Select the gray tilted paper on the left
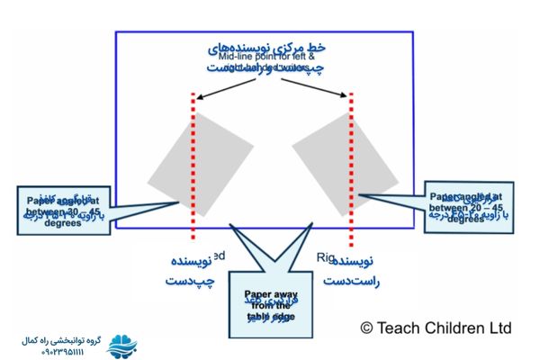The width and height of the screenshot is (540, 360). point(201,163)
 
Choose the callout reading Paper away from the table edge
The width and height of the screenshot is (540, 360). point(270,302)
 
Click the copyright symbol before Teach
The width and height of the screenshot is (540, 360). point(367,328)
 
